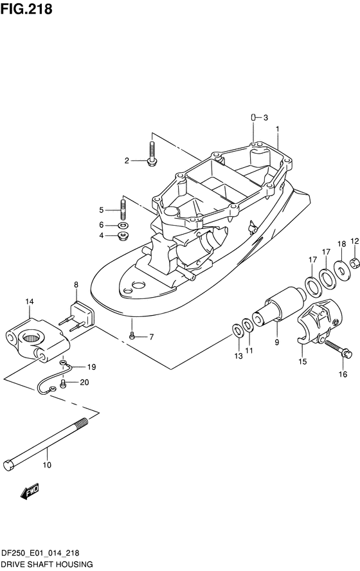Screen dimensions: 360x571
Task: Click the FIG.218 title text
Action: (26, 9)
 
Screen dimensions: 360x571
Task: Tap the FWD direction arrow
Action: (30, 491)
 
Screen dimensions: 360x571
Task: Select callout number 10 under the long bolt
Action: (47, 465)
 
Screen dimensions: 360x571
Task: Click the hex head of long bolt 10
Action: (9, 466)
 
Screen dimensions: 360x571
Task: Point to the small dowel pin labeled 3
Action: (252, 117)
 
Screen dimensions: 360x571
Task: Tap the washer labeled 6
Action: (123, 225)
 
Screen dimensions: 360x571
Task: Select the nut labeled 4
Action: (123, 235)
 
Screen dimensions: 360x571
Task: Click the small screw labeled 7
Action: (132, 336)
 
